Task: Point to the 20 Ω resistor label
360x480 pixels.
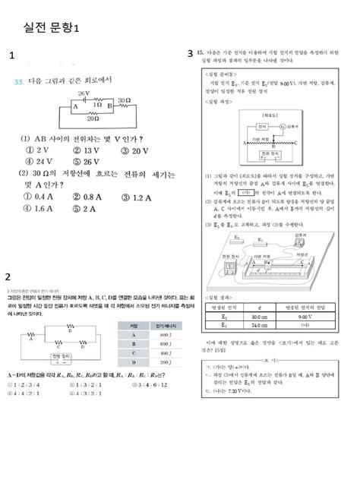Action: (x=93, y=118)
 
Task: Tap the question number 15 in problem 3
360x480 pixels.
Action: (x=200, y=54)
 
